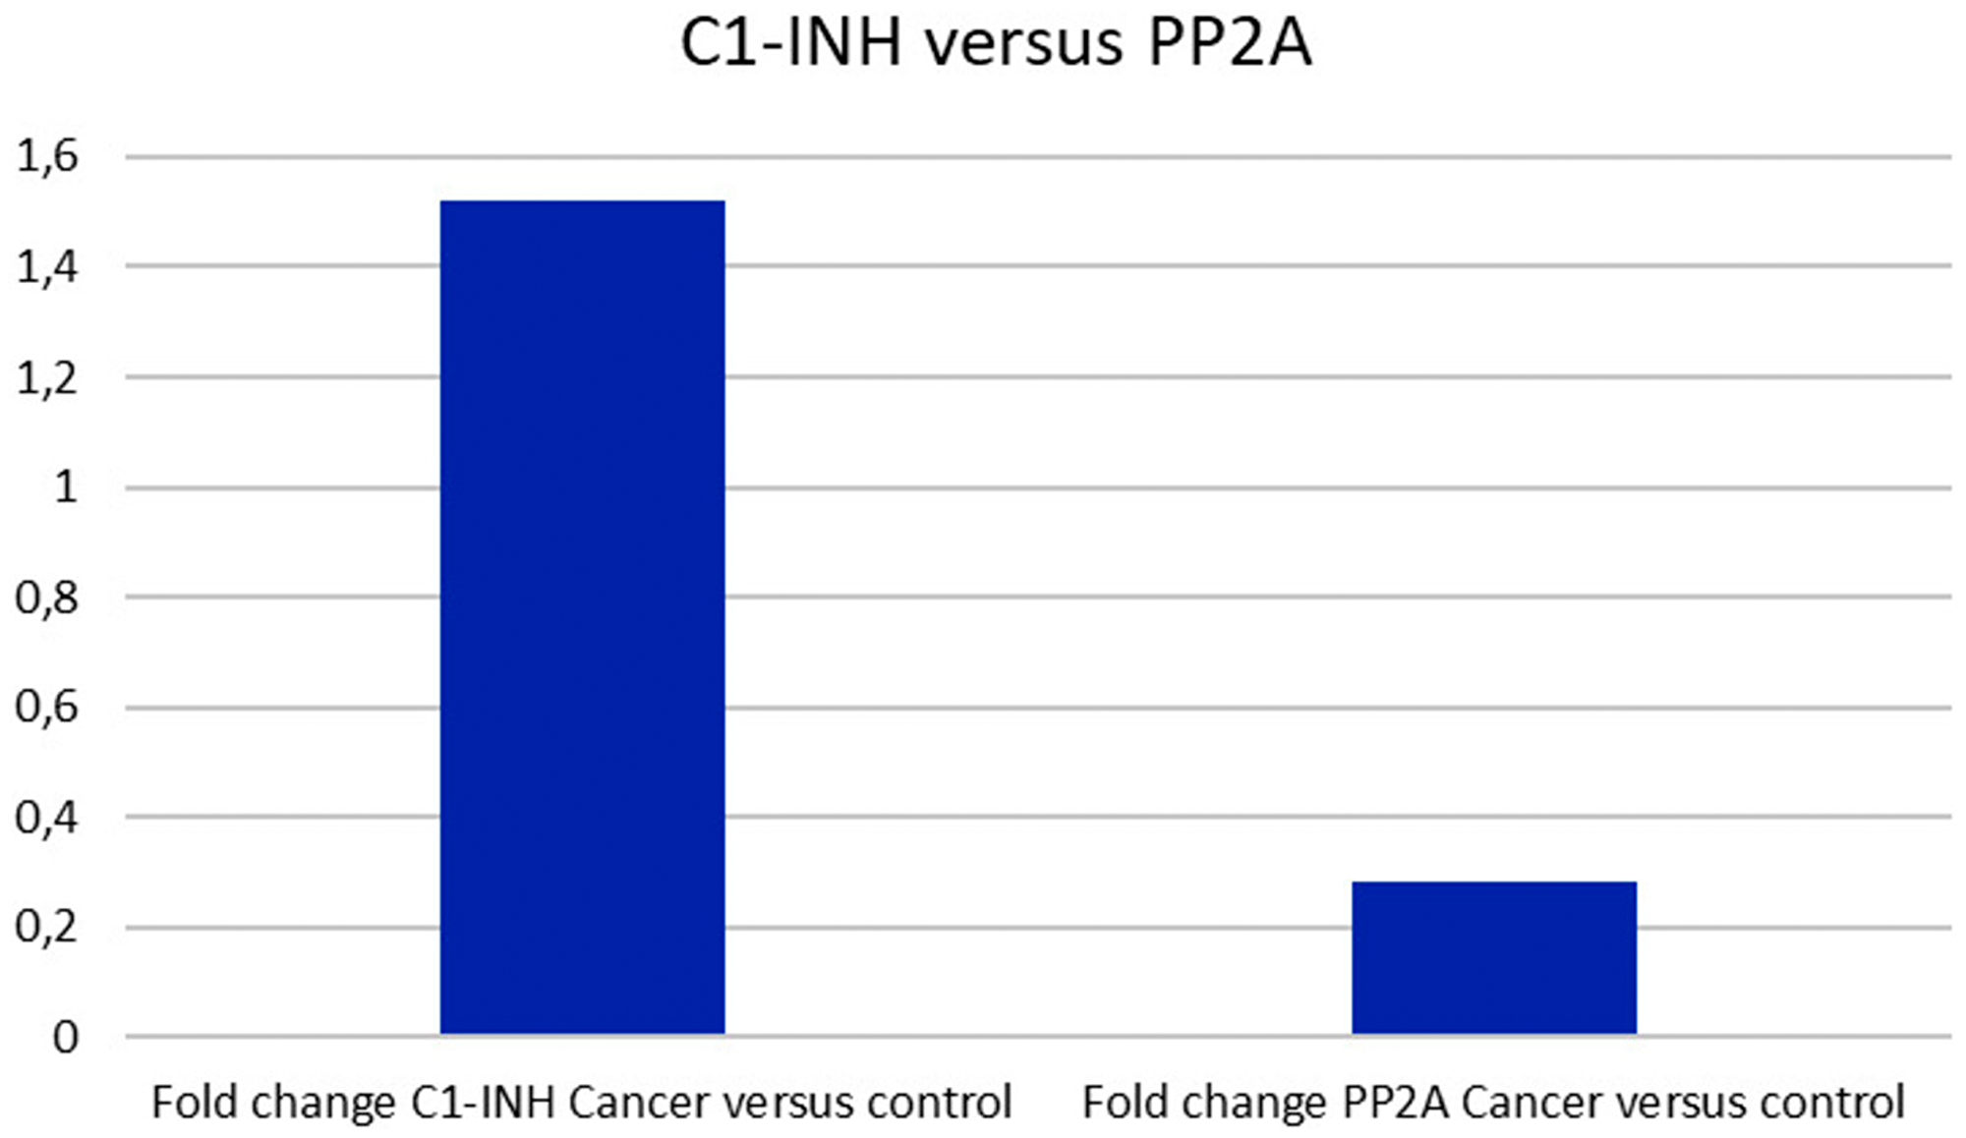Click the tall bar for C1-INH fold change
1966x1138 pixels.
point(582,617)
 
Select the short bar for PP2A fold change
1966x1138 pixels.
point(1494,957)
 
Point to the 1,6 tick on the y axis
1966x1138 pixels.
point(47,156)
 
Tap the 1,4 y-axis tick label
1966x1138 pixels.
point(47,266)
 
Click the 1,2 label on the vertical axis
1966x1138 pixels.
point(47,377)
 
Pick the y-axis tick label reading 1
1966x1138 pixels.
point(65,487)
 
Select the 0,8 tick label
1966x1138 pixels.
point(47,597)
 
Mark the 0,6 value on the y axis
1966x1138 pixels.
point(47,708)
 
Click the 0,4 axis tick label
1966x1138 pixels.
point(47,818)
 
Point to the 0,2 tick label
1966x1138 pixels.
point(47,928)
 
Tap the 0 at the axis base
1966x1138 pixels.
point(65,1038)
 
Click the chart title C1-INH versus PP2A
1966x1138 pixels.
point(996,44)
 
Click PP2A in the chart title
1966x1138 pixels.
point(1229,44)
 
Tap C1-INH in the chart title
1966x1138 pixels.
point(791,44)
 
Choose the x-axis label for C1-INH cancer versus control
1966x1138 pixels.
point(582,1103)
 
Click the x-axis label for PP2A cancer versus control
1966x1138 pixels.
point(1493,1103)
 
